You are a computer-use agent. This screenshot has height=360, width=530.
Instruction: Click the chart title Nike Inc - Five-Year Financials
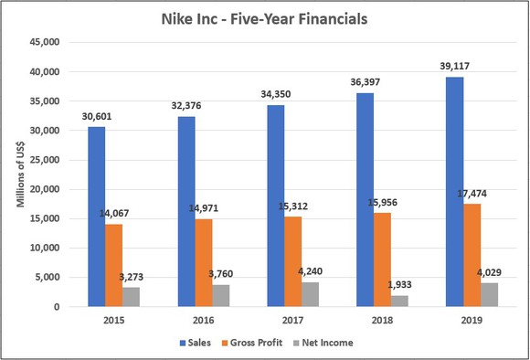click(266, 17)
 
